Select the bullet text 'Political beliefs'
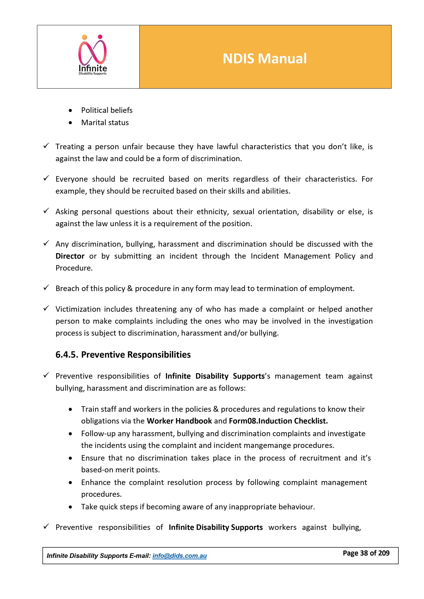(x=107, y=110)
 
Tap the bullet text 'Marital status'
(x=105, y=123)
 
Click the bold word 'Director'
(x=70, y=256)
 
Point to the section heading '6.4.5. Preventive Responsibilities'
(x=123, y=355)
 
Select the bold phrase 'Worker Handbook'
(x=179, y=421)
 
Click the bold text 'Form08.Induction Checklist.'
(x=278, y=421)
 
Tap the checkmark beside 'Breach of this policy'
(x=46, y=288)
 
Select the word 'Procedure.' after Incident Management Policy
(x=74, y=268)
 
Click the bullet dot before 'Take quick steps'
(x=70, y=507)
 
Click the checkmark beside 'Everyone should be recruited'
(x=46, y=178)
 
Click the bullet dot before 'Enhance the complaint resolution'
(x=70, y=483)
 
